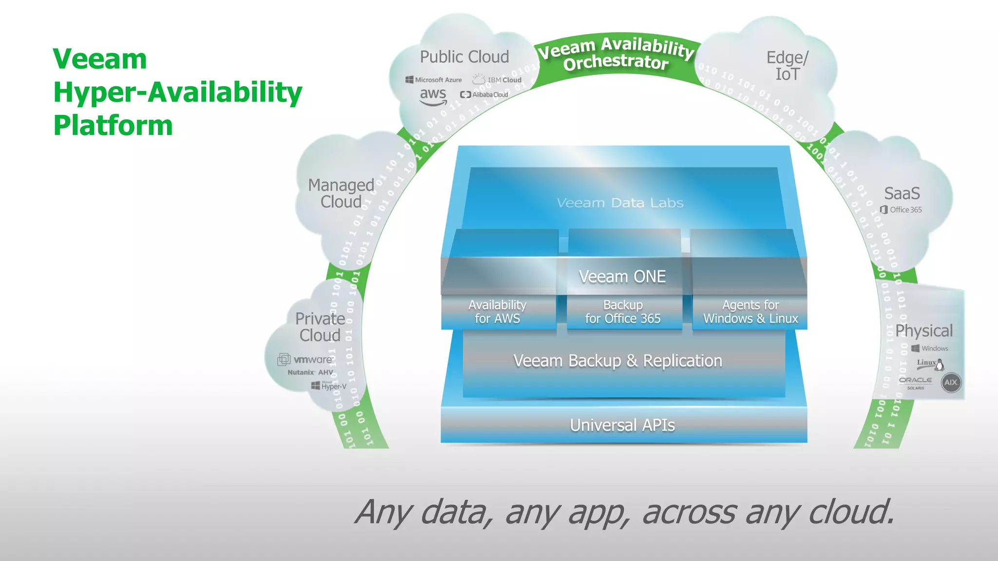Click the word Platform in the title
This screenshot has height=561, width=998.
[x=113, y=125]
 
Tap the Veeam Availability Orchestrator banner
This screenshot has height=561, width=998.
[x=616, y=54]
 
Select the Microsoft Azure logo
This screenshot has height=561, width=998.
[x=433, y=80]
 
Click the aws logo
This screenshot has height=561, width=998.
[x=433, y=95]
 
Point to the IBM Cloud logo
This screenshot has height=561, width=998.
[x=497, y=79]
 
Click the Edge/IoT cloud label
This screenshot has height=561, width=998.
[x=787, y=66]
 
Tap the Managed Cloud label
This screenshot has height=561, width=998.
[x=341, y=193]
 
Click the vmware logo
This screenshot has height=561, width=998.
[x=306, y=359]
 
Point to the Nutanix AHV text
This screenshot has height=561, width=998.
[x=310, y=373]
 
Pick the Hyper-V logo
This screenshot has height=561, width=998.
[x=329, y=386]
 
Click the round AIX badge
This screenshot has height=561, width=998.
[x=951, y=382]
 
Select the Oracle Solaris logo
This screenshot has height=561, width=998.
[x=915, y=382]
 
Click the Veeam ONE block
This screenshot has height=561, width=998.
[x=622, y=277]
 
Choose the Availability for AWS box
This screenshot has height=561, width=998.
[x=498, y=312]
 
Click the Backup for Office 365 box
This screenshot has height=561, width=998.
[x=623, y=312]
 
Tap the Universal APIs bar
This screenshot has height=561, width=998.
[x=623, y=425]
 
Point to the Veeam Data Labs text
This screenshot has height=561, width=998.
[x=620, y=203]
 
